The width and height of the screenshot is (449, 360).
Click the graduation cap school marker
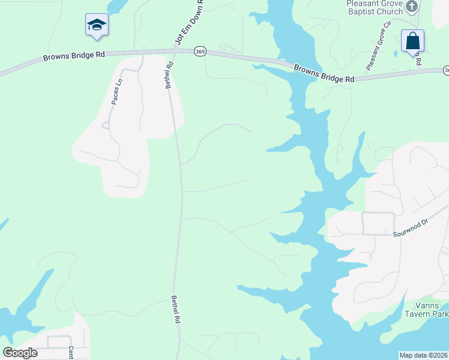click(97, 25)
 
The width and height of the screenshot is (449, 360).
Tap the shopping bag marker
click(412, 41)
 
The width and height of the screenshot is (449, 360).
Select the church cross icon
click(411, 7)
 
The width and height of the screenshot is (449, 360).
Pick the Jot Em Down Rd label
click(188, 23)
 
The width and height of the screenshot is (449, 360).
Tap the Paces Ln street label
click(116, 91)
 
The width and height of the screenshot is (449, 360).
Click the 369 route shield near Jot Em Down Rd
click(200, 52)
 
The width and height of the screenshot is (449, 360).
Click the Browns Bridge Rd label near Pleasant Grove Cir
click(324, 74)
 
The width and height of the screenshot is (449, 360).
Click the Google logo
click(20, 353)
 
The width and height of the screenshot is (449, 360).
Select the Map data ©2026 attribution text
click(423, 355)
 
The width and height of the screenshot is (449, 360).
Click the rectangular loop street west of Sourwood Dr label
click(378, 223)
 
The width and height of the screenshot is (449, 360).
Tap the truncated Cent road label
click(70, 352)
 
